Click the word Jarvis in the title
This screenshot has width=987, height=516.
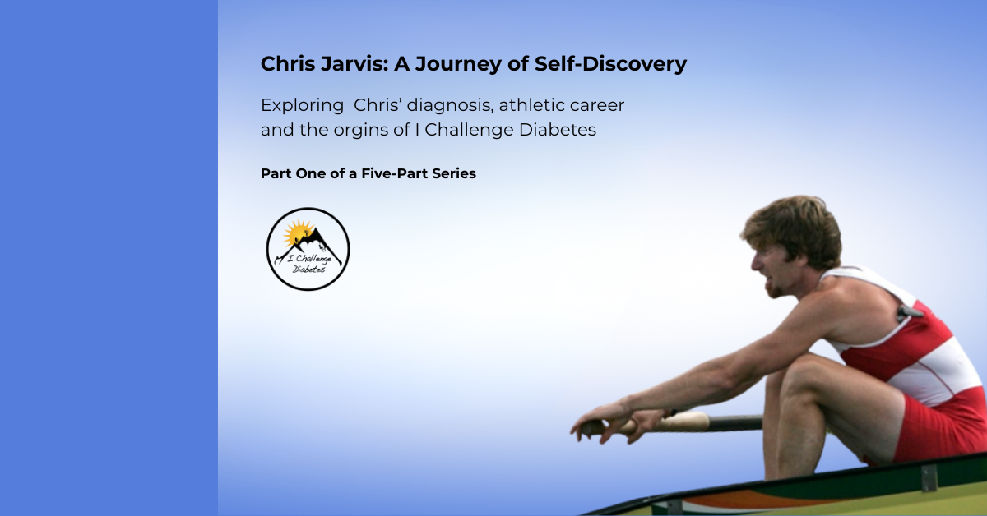point(354,64)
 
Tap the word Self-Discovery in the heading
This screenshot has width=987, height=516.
point(610,64)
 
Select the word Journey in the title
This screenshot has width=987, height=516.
point(458,65)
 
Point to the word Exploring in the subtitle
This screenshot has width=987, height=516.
point(302,106)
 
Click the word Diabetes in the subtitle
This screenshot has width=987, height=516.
point(558,130)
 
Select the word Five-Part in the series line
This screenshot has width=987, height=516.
point(394,173)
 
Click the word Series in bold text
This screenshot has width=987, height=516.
point(454,173)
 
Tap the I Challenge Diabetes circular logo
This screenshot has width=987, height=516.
point(308,249)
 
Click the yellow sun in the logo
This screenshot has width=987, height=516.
point(298,232)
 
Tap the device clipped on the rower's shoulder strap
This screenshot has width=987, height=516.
point(909,313)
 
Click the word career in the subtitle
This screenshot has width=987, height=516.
point(597,106)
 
